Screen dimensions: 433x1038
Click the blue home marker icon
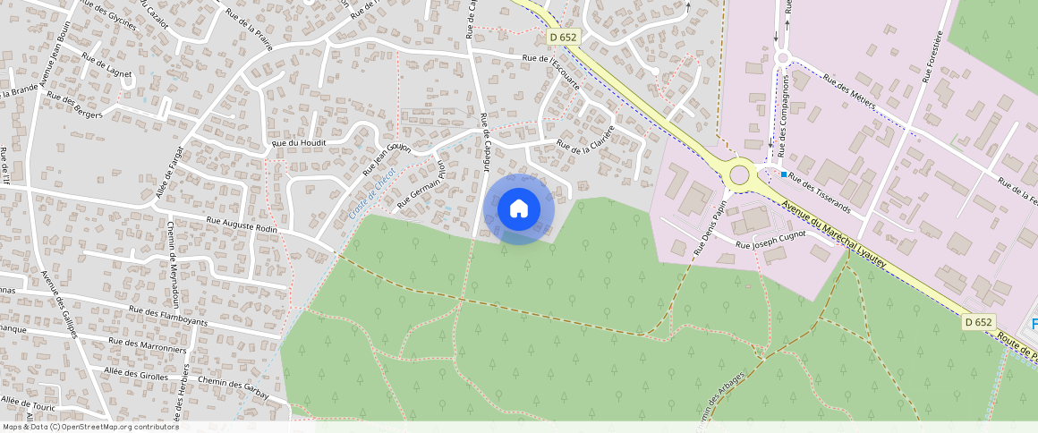point(519,209)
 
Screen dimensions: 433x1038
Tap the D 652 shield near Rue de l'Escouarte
point(564,37)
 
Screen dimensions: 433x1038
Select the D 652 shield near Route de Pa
point(980,322)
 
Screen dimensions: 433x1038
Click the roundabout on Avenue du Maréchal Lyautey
point(739,174)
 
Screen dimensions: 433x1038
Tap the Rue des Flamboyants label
point(167,315)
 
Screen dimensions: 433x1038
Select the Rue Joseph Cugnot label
point(770,239)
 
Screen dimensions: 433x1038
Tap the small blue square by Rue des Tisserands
point(784,174)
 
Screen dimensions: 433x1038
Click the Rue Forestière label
point(930,56)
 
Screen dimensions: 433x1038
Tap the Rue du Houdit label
point(299,142)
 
